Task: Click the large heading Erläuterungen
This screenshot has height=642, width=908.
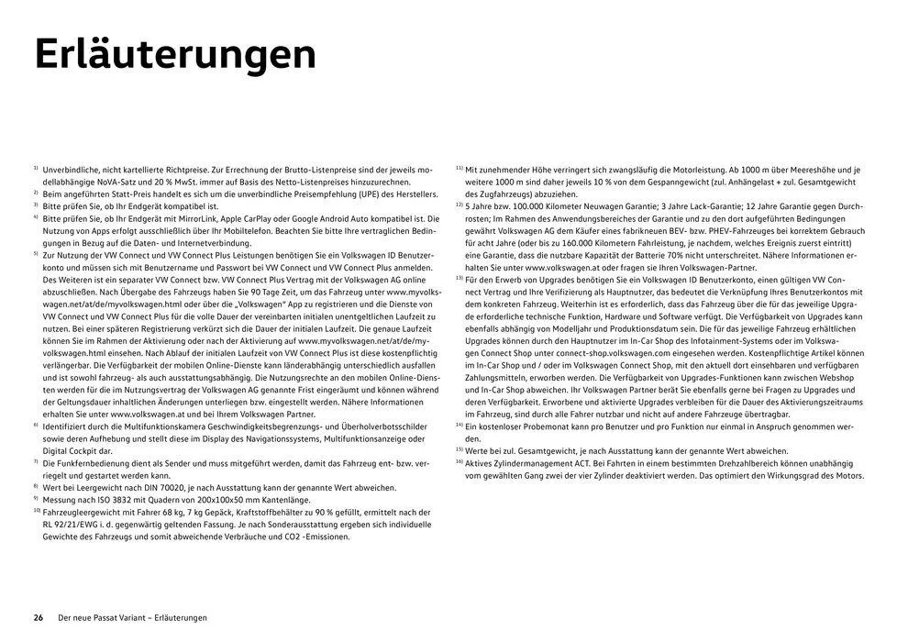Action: pos(174,54)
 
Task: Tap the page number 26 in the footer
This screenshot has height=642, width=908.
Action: pos(39,617)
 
